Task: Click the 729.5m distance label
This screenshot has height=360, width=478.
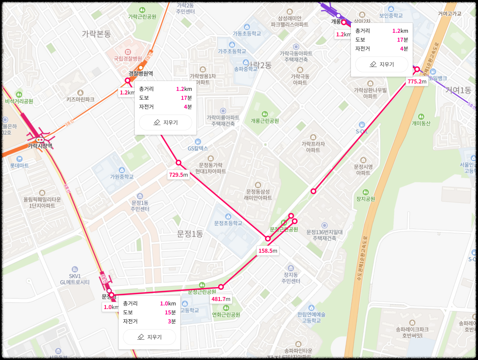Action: tap(178, 175)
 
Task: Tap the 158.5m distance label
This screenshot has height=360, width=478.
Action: tap(268, 251)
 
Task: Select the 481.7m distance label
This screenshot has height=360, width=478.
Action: tap(221, 299)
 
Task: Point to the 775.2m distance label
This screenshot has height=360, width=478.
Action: tap(417, 82)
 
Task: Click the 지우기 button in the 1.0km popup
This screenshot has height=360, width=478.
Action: tap(150, 337)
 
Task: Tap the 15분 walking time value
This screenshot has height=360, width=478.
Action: tap(170, 312)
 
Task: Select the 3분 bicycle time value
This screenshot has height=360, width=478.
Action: tap(172, 321)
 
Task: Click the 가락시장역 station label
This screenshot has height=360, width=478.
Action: tap(40, 146)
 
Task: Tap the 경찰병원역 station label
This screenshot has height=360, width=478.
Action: tap(141, 73)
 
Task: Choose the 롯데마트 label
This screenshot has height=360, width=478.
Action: tap(19, 165)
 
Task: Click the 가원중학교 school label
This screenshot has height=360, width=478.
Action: tap(122, 177)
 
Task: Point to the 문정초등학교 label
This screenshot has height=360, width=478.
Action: tap(228, 223)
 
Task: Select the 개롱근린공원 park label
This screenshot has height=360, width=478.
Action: tap(265, 121)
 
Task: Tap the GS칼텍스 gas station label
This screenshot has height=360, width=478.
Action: tap(198, 148)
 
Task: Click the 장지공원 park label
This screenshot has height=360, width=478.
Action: tap(365, 199)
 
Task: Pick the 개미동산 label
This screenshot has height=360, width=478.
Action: tap(421, 123)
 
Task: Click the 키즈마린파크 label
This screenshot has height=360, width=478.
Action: tap(80, 99)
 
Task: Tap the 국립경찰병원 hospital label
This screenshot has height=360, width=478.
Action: tap(128, 58)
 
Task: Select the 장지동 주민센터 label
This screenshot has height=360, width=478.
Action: tap(291, 278)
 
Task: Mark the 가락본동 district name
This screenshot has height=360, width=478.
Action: tap(96, 34)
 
